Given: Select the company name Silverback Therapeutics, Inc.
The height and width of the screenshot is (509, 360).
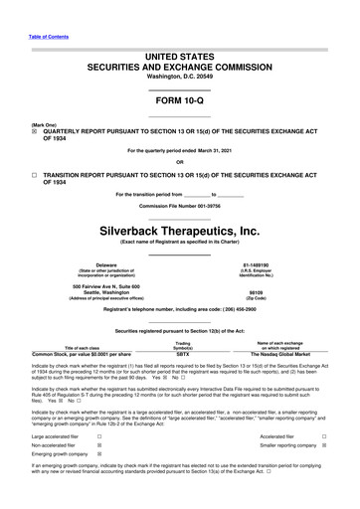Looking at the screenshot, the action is click(179, 231).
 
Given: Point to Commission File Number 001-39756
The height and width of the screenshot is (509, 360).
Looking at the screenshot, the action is click(179, 206).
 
